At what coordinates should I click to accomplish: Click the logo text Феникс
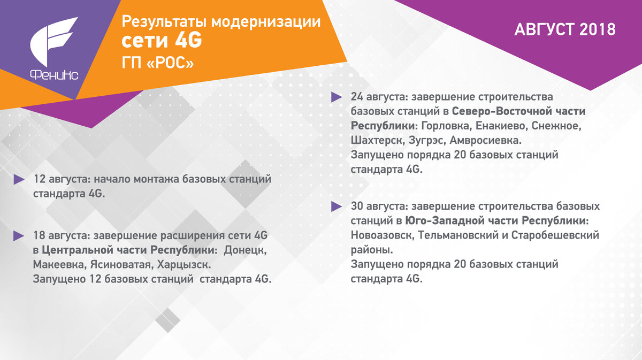pos(54,75)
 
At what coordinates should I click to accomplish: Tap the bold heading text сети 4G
pos(161,41)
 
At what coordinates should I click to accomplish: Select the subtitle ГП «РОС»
pos(158,62)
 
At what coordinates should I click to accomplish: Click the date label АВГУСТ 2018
pos(565,29)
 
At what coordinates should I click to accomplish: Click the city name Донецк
pos(244,250)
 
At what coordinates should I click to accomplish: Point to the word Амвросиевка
pos(485,141)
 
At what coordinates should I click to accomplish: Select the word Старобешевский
pos(555,235)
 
